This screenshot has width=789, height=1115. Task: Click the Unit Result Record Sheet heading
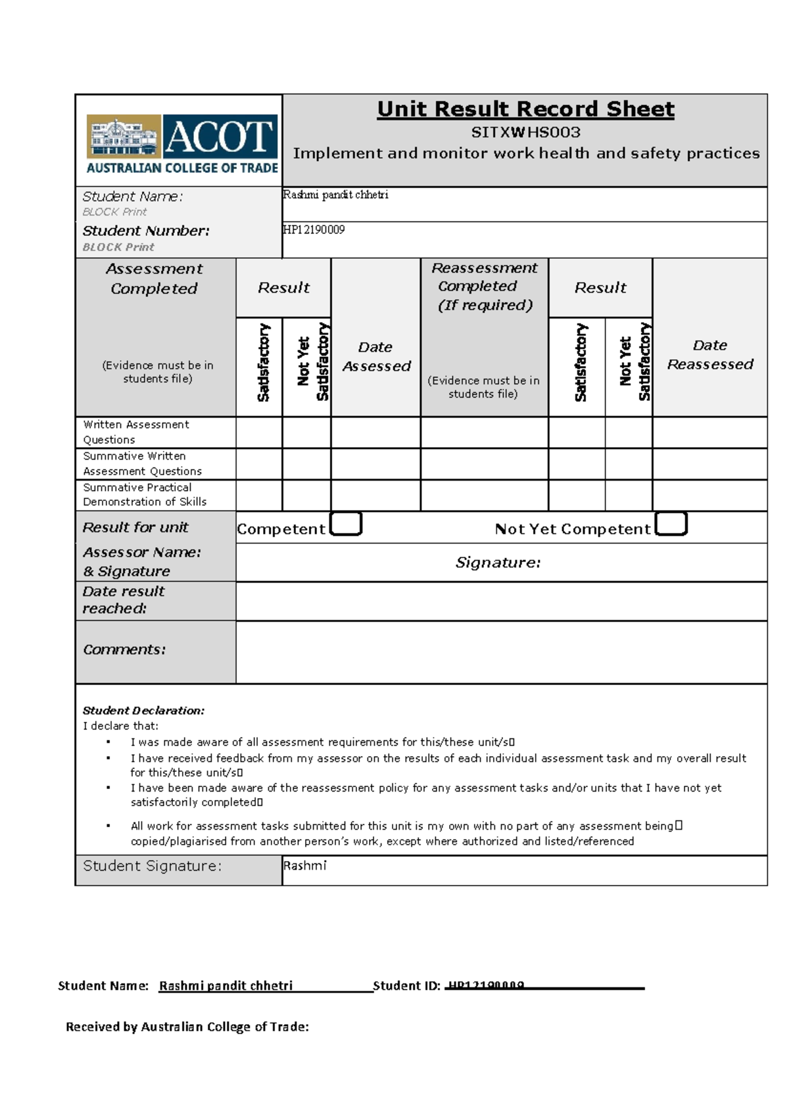tap(525, 109)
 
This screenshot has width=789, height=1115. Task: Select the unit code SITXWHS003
tap(525, 132)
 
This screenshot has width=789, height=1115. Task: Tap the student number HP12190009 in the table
tap(314, 229)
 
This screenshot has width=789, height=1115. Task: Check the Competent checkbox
tap(346, 525)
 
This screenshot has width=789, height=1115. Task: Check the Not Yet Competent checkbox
tap(671, 525)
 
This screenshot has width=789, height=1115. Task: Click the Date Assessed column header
tap(376, 356)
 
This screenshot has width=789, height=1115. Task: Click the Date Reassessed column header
tap(710, 355)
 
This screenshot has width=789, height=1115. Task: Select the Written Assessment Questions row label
tap(136, 432)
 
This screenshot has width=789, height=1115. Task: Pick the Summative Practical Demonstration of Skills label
tap(144, 494)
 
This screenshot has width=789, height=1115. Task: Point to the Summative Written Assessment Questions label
tap(142, 463)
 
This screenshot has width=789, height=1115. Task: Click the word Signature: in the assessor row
tap(498, 563)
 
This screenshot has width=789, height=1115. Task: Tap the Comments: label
tap(124, 650)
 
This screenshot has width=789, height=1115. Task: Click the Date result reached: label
tap(123, 600)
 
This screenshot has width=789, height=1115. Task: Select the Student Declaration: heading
tap(143, 711)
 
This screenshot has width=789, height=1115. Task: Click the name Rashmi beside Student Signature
tap(304, 866)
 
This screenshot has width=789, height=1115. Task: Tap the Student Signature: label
tap(152, 866)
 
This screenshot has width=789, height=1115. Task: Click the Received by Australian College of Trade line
tap(187, 1027)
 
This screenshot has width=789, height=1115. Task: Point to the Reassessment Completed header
tap(484, 286)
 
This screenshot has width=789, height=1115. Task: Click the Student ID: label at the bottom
tap(406, 985)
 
